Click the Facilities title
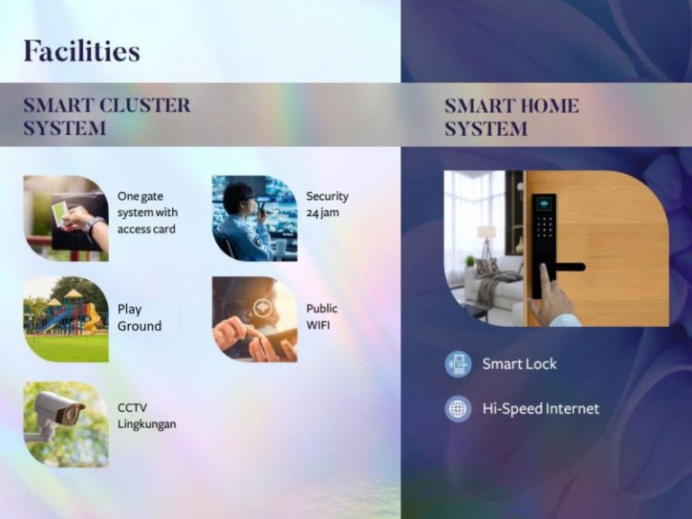tap(82, 50)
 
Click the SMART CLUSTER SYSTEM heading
tap(107, 117)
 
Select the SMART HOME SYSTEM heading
tap(512, 117)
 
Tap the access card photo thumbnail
tap(66, 218)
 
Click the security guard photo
tap(255, 218)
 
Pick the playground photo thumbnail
tap(66, 320)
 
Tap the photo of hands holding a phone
tap(255, 320)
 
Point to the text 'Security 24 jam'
tap(327, 204)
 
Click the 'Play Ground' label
tap(140, 317)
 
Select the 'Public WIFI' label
tap(322, 317)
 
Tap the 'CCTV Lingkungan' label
tap(147, 415)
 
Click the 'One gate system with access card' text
tap(148, 213)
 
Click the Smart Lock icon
tap(458, 364)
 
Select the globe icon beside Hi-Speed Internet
tap(458, 409)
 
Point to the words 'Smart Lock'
tap(519, 364)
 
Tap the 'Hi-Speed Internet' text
tap(541, 409)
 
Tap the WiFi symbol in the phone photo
tap(263, 307)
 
